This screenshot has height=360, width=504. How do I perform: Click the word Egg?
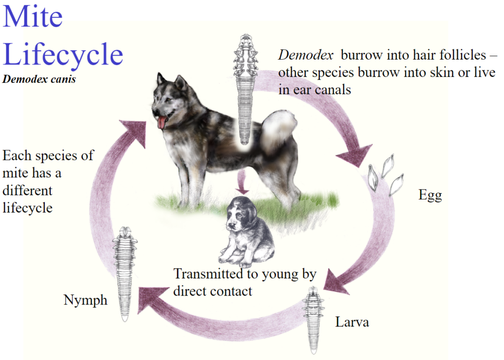(430, 196)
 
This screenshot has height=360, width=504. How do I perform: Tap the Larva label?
(352, 322)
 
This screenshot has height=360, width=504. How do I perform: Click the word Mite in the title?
(32, 16)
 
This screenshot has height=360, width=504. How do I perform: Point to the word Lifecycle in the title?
(63, 55)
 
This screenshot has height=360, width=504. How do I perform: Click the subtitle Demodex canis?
(39, 79)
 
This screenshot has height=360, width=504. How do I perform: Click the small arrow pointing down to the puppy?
(242, 182)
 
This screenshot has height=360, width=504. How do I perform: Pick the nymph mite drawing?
(125, 273)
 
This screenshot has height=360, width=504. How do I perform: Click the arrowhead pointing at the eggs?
(355, 155)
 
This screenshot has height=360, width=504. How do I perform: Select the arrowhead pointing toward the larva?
(336, 282)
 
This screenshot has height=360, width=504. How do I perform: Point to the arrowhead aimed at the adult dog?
(134, 132)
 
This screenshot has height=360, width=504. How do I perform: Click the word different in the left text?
(28, 191)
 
